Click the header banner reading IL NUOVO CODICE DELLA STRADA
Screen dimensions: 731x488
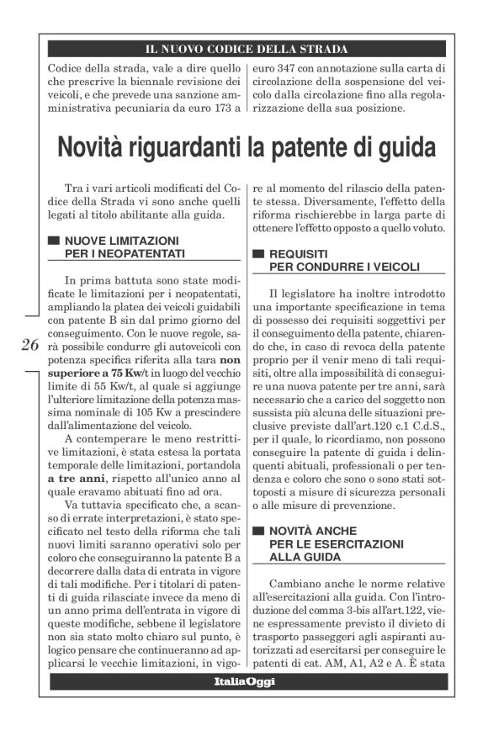(247, 49)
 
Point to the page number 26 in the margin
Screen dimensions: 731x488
(30, 344)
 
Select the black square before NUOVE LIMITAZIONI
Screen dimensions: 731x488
(54, 241)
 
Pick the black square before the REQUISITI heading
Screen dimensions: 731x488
(259, 254)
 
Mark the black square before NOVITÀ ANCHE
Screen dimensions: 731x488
(259, 532)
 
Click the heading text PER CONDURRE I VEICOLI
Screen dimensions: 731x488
(332, 268)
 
